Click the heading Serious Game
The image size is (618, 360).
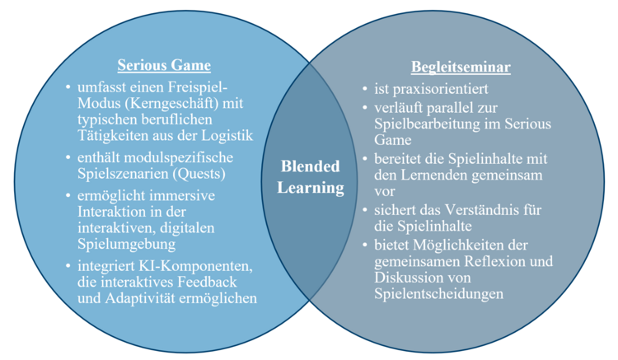tap(163, 66)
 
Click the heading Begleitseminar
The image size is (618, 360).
tap(461, 66)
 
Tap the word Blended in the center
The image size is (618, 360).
tap(310, 166)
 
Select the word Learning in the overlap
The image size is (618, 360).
tap(310, 187)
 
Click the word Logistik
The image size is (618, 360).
tap(226, 135)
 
